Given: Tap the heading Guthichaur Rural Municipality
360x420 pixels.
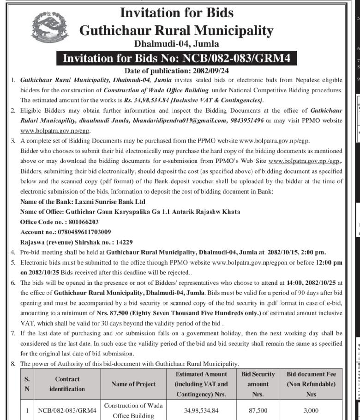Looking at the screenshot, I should tap(176, 30).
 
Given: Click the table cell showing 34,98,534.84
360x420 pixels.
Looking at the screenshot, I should tap(202, 409).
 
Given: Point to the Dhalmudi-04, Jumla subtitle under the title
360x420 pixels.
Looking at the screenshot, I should tap(176, 44).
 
